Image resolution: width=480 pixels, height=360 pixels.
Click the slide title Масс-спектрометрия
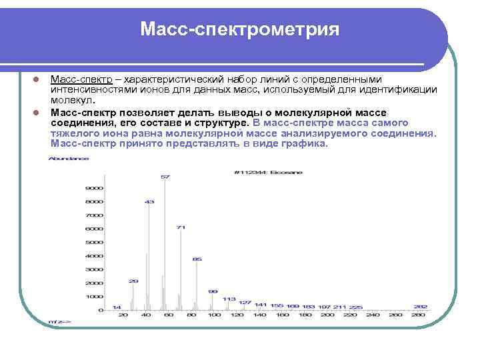[239, 30]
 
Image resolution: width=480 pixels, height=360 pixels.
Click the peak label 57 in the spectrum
[165, 177]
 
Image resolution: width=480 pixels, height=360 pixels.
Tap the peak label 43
[149, 201]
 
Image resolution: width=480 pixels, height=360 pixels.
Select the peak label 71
[181, 227]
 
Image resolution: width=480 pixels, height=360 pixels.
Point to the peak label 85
[197, 258]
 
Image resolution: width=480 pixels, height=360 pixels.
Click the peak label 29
[133, 281]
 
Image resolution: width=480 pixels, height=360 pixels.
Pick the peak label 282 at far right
[420, 306]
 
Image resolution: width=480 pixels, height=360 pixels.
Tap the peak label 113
[229, 298]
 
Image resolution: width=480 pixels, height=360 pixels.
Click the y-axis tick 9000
[94, 187]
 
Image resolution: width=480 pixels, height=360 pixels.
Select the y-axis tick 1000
[94, 297]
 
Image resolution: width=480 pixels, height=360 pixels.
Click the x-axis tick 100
[215, 314]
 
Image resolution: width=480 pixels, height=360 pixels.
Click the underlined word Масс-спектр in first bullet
[77, 80]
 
